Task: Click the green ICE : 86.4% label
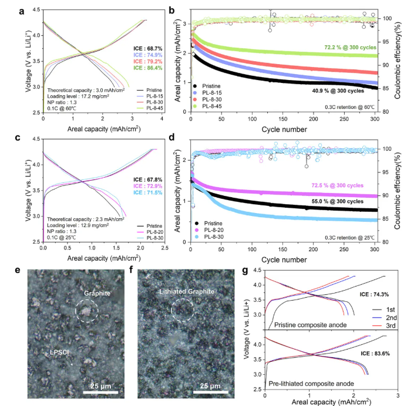[x=147, y=68]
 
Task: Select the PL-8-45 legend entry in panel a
[x=150, y=108]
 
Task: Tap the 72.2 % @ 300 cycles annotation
[x=351, y=48]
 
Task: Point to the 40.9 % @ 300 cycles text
[x=338, y=91]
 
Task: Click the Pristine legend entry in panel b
[x=207, y=86]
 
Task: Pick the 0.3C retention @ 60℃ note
[x=349, y=107]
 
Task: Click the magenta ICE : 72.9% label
[x=147, y=186]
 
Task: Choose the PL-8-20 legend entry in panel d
[x=209, y=230]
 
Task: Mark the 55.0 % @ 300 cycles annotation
[x=338, y=201]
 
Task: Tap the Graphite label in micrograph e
[x=97, y=294]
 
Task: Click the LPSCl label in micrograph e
[x=59, y=352]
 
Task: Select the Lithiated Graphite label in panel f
[x=187, y=291]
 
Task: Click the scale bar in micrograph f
[x=211, y=392]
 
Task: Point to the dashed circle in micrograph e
[x=87, y=300]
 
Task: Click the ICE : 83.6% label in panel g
[x=375, y=354]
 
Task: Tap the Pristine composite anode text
[x=311, y=325]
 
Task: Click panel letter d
[x=171, y=137]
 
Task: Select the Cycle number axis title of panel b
[x=284, y=129]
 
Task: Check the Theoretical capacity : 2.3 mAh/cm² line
[x=86, y=219]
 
